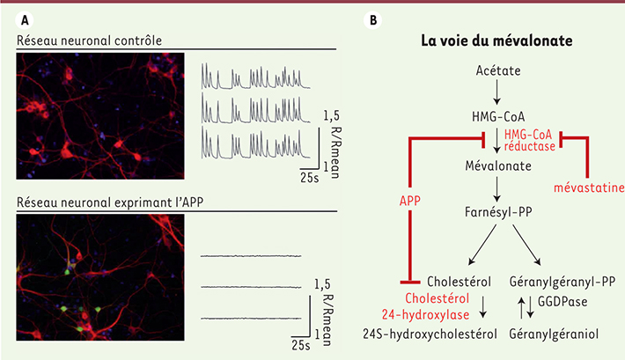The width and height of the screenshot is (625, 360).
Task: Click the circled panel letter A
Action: click(x=25, y=20)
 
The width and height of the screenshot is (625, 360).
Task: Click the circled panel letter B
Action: click(x=373, y=20)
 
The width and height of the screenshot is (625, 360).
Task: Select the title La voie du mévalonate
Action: click(x=496, y=40)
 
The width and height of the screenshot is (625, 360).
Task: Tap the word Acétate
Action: click(x=498, y=70)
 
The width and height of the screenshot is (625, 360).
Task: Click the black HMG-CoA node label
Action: click(x=498, y=117)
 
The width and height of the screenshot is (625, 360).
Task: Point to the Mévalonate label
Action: click(x=498, y=165)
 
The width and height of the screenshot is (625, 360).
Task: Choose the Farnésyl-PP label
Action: click(x=498, y=212)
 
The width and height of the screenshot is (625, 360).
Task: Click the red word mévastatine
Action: click(x=589, y=187)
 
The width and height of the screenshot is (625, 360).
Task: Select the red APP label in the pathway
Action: click(x=409, y=201)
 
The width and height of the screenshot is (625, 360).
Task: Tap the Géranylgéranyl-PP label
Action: click(x=562, y=282)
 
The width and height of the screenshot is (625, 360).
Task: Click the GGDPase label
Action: click(x=562, y=301)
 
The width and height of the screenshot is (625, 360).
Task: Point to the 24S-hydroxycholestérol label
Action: click(x=430, y=334)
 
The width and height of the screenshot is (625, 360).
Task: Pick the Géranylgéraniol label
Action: click(x=554, y=334)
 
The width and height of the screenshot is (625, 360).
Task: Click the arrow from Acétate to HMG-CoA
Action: click(x=496, y=92)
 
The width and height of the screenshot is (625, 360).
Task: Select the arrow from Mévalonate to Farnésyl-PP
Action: click(x=496, y=189)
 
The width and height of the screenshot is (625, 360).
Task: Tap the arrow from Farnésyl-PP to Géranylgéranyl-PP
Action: click(x=526, y=245)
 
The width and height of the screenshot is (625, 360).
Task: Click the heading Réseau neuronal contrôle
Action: click(x=89, y=40)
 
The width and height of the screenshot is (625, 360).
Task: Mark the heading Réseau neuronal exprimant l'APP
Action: click(x=110, y=202)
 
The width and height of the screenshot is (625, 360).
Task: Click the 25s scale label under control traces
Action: click(x=310, y=178)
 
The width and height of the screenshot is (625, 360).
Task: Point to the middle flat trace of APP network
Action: click(x=251, y=287)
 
